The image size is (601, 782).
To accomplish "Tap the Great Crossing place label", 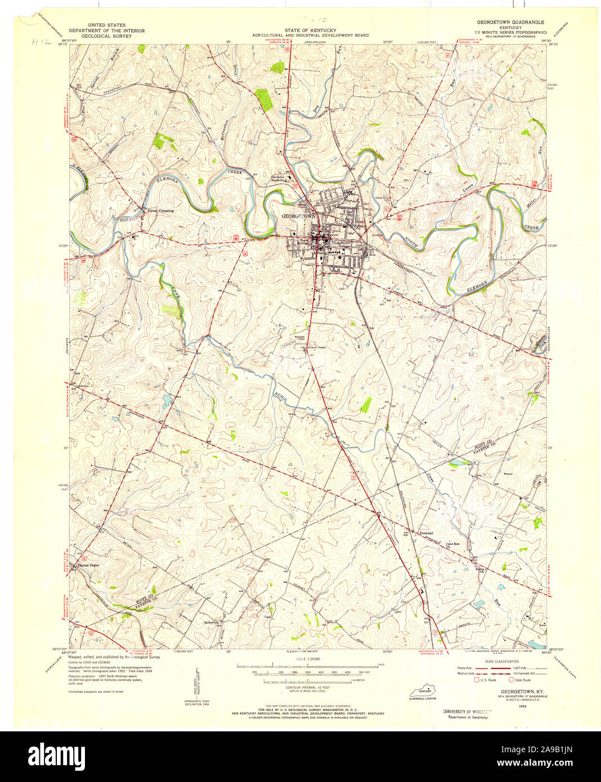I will (x=160, y=211).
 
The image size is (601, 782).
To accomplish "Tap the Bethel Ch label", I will (x=210, y=622).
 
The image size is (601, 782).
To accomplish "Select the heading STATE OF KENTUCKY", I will (x=310, y=30).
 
